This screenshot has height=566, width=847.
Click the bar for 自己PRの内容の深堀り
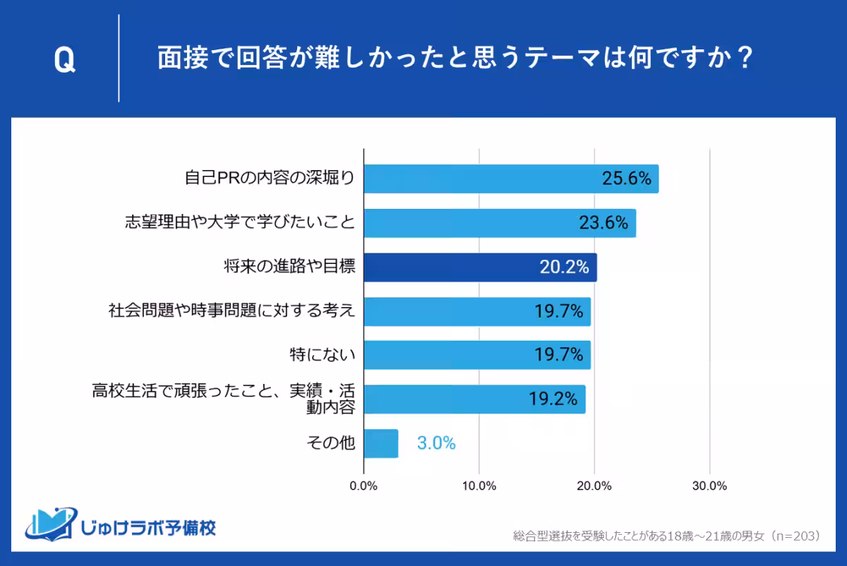click(x=511, y=179)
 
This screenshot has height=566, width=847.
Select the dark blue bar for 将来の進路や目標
click(x=480, y=267)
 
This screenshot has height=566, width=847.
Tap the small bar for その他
click(x=380, y=444)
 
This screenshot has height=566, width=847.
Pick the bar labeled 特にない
click(x=476, y=355)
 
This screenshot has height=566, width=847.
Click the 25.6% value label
click(x=626, y=179)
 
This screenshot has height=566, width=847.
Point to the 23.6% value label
click(x=603, y=224)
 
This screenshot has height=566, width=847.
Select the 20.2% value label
click(x=565, y=267)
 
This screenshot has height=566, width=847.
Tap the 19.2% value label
click(x=553, y=399)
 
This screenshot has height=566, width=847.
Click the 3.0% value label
click(x=436, y=444)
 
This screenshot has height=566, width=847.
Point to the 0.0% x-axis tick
click(x=364, y=486)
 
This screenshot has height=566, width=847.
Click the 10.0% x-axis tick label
click(x=479, y=486)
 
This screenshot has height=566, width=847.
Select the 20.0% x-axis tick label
click(x=594, y=486)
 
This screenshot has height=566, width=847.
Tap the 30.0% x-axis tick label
click(x=709, y=486)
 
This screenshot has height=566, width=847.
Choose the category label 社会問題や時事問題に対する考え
click(x=231, y=311)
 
